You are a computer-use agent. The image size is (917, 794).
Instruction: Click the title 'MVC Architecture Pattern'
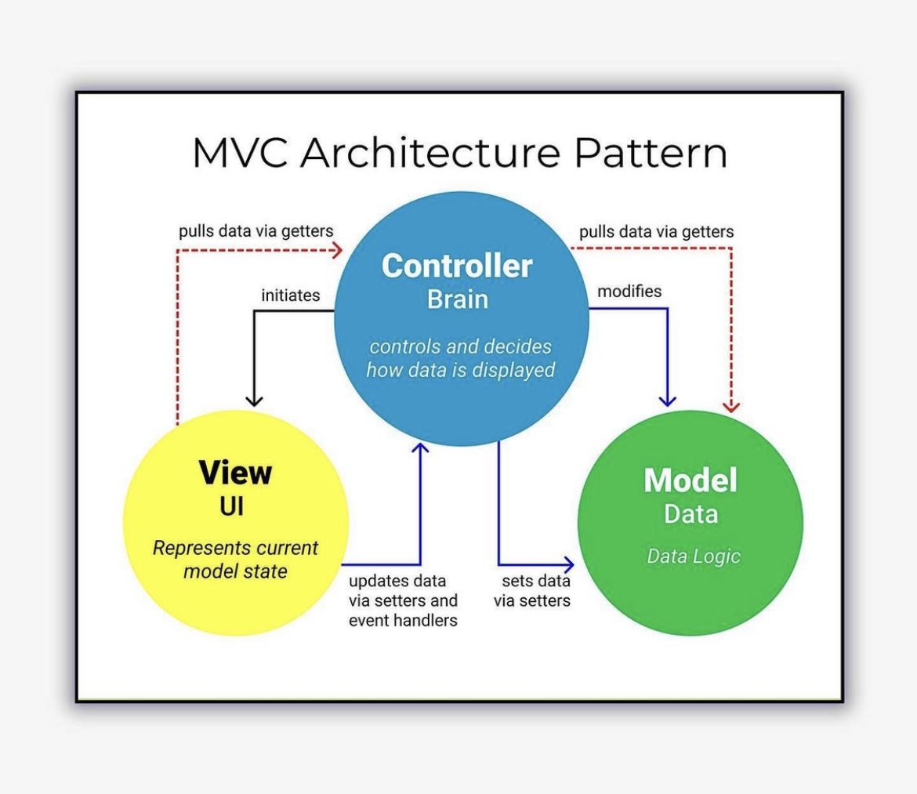[459, 154]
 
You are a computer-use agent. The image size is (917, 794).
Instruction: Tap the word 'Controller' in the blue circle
[457, 266]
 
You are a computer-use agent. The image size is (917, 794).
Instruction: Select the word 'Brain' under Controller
[458, 299]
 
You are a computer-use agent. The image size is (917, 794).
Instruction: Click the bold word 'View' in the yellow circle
[235, 473]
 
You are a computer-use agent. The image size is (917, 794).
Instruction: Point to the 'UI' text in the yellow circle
[232, 506]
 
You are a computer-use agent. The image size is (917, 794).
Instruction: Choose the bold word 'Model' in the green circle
[690, 480]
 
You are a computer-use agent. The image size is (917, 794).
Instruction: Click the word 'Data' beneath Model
[690, 514]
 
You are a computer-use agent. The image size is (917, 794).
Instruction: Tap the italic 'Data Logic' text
[694, 557]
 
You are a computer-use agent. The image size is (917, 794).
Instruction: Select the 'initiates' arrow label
[291, 295]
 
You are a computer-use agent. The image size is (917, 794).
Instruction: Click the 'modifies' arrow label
[629, 292]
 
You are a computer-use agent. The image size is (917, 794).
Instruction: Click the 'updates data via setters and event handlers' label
[403, 600]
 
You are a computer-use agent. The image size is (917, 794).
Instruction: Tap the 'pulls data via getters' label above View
[256, 231]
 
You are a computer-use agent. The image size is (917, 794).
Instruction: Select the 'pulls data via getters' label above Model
[657, 232]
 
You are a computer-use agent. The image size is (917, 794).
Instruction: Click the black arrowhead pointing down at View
[254, 399]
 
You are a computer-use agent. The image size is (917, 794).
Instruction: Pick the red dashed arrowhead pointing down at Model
[731, 405]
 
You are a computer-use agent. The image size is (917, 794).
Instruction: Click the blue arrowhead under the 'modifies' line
[667, 400]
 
